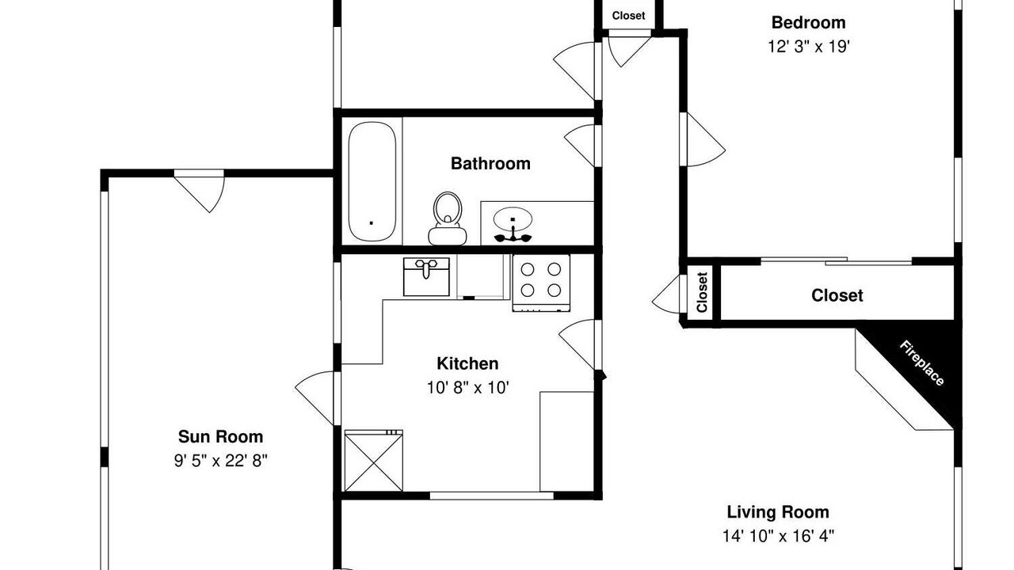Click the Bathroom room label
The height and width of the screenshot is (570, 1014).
pos(490,163)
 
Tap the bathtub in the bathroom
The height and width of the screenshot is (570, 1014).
pos(372,181)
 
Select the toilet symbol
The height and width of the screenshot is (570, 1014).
pos(448,218)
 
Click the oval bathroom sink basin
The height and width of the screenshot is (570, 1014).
pos(513,219)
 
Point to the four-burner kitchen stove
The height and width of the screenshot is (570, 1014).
pos(541,283)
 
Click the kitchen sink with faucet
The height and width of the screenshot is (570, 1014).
pos(426,277)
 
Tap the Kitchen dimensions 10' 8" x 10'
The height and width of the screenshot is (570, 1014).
pos(468,388)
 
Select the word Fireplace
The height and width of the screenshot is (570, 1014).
pos(921,363)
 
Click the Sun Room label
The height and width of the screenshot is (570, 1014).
pos(220,436)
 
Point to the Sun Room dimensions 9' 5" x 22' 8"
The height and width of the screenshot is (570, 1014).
pos(220,461)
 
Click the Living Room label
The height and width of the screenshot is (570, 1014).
pos(778,512)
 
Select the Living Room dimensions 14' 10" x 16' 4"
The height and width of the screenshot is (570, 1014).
pos(778,537)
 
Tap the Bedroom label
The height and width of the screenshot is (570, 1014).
pos(809,22)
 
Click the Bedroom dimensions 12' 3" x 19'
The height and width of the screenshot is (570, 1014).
pos(809,47)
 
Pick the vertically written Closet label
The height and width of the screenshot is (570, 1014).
pos(702,292)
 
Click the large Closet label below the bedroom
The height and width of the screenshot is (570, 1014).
pos(837,295)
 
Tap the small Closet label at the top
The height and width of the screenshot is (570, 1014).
pos(628,15)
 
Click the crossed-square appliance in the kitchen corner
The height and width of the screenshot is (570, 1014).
pos(373,461)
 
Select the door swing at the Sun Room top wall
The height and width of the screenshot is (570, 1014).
pos(200,191)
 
